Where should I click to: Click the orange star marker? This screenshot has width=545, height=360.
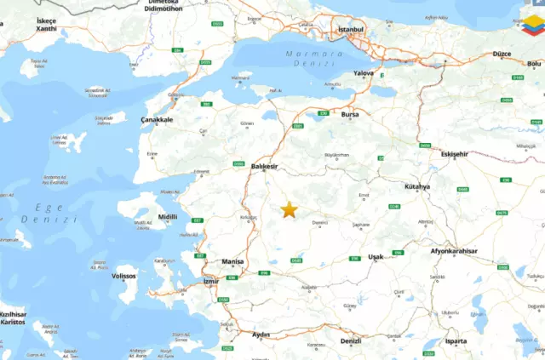tap(289, 209)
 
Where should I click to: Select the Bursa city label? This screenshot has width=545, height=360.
tap(349, 113)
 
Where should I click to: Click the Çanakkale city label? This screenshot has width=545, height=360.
tap(158, 120)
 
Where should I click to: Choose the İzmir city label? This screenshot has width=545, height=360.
tap(212, 281)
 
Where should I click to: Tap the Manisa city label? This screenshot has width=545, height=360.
tap(232, 261)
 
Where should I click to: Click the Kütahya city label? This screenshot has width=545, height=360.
tap(418, 186)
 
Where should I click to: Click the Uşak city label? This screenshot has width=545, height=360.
tap(376, 256)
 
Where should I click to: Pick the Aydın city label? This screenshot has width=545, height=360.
tap(261, 334)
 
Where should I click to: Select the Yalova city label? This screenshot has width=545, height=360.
tap(363, 73)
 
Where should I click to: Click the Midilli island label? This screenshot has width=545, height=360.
tap(168, 217)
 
